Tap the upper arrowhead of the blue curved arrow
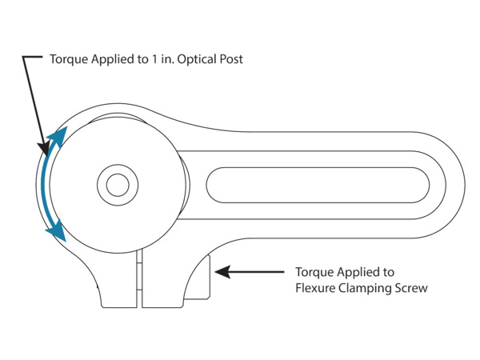57,134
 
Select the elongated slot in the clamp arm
320,185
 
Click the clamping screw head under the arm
199,276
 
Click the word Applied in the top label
112,60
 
